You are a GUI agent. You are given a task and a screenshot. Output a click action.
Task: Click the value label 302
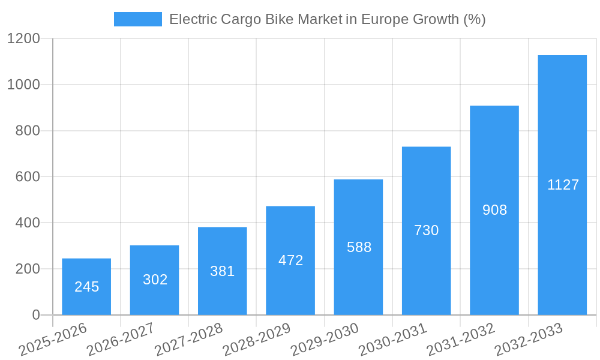(155, 280)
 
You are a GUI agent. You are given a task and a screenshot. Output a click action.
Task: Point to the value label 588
(359, 247)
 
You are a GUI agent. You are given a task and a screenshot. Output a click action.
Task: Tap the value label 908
(494, 210)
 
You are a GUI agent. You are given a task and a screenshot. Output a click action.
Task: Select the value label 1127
(563, 185)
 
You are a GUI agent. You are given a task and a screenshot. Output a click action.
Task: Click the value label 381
(223, 271)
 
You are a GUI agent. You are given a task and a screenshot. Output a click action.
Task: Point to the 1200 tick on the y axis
(23, 39)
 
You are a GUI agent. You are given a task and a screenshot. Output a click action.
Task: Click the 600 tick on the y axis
(28, 177)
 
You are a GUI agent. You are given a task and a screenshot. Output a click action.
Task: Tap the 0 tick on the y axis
(35, 315)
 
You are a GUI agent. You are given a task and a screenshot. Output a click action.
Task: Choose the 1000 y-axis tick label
(23, 85)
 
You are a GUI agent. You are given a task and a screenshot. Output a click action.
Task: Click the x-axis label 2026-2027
(121, 340)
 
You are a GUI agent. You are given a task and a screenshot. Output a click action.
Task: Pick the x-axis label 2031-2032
(461, 340)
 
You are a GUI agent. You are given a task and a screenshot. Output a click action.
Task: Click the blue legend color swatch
(137, 19)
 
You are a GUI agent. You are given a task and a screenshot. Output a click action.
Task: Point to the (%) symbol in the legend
(474, 19)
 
